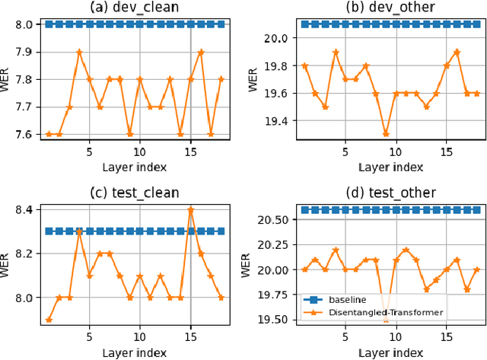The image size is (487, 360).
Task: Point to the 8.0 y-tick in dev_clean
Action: [22, 24]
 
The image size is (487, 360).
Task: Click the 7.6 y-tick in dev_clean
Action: [22, 135]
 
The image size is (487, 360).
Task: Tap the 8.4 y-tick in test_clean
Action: [22, 209]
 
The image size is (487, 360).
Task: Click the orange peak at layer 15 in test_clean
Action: [190, 209]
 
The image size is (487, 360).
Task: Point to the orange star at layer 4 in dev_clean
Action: [79, 52]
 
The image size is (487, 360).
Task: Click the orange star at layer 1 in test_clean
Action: [49, 320]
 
